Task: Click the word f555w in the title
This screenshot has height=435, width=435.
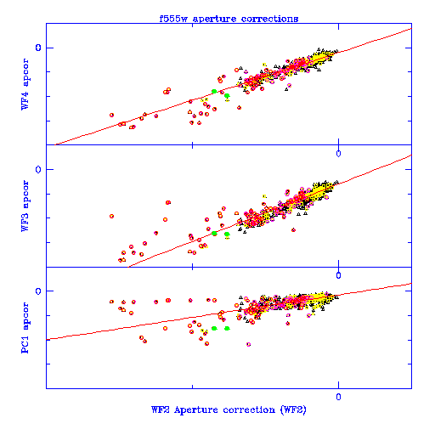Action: pyautogui.click(x=173, y=19)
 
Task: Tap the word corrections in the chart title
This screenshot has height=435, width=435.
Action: pyautogui.click(x=269, y=19)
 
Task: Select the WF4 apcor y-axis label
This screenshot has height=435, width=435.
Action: pyautogui.click(x=25, y=84)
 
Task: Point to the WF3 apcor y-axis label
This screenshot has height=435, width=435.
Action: pyautogui.click(x=25, y=206)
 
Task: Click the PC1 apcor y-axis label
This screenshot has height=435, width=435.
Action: pyautogui.click(x=25, y=328)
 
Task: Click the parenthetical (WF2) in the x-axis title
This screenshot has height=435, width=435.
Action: pyautogui.click(x=293, y=410)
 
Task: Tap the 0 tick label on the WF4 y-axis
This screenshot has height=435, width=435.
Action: pyautogui.click(x=38, y=48)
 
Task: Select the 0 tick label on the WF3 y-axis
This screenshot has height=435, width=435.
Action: pyautogui.click(x=38, y=169)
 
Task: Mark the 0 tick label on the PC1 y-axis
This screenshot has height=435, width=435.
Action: pyautogui.click(x=38, y=291)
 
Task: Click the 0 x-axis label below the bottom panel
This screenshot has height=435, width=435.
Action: pyautogui.click(x=338, y=397)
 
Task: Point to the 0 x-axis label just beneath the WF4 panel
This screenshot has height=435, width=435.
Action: pyautogui.click(x=338, y=154)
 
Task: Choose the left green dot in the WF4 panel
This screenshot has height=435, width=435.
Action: pyautogui.click(x=214, y=91)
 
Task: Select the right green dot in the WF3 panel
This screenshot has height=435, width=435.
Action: pyautogui.click(x=227, y=234)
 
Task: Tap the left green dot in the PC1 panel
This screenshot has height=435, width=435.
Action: pyautogui.click(x=214, y=328)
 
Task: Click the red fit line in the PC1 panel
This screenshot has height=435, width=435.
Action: pyautogui.click(x=229, y=311)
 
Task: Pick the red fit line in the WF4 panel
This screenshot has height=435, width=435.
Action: pyautogui.click(x=233, y=87)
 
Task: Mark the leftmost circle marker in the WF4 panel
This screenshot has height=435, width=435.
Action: pyautogui.click(x=111, y=115)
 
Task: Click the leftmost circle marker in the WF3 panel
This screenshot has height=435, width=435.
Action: pyautogui.click(x=111, y=216)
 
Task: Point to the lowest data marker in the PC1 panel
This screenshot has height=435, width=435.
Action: pyautogui.click(x=249, y=344)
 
